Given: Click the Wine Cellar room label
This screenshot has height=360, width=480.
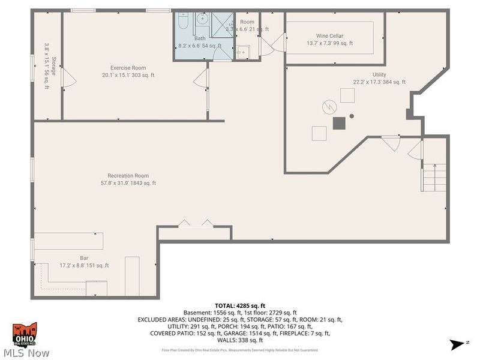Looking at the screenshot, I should [329, 36].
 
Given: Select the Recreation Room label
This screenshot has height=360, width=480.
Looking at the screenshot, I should [128, 176].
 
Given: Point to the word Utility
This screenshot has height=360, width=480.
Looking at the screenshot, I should [379, 75].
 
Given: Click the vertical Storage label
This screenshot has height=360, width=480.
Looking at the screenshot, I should [53, 66].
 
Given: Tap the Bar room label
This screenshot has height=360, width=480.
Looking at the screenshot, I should [84, 258].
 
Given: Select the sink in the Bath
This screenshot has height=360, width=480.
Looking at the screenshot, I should [199, 25].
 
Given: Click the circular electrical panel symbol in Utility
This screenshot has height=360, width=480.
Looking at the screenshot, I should [329, 106].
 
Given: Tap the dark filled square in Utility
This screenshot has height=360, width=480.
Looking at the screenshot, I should [340, 123].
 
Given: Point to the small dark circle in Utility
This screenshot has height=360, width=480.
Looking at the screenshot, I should [352, 116].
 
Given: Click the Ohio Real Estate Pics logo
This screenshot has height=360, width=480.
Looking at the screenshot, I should [25, 334].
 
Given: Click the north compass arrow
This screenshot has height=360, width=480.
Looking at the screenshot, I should [456, 344].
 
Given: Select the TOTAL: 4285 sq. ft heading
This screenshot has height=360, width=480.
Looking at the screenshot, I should [239, 305].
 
